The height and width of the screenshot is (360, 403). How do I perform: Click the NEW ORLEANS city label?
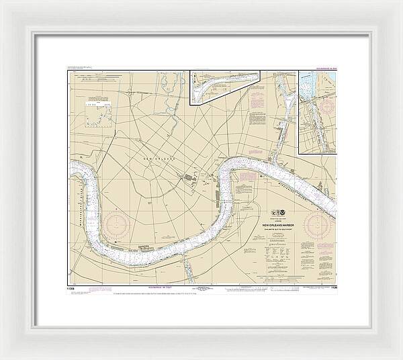click(159, 158)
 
